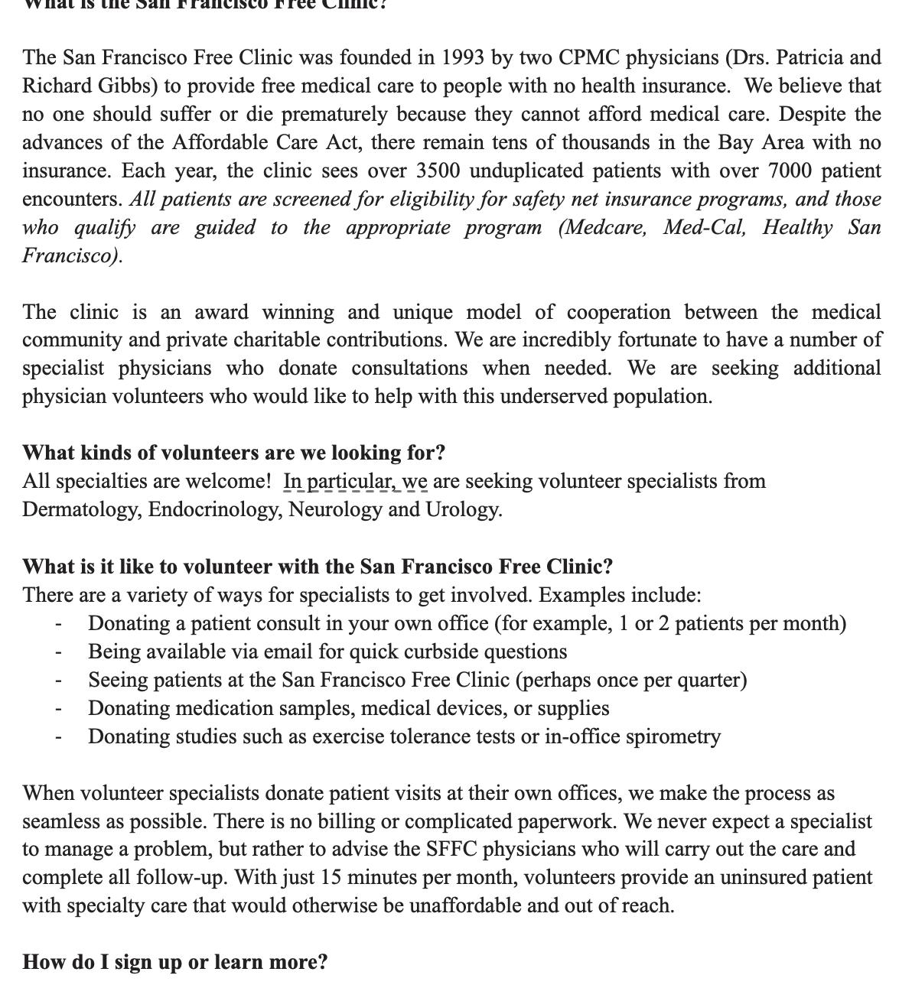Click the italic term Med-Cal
[705, 227]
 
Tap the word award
[222, 312]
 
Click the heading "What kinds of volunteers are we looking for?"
[233, 453]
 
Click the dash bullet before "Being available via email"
[58, 652]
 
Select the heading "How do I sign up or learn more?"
[175, 962]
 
